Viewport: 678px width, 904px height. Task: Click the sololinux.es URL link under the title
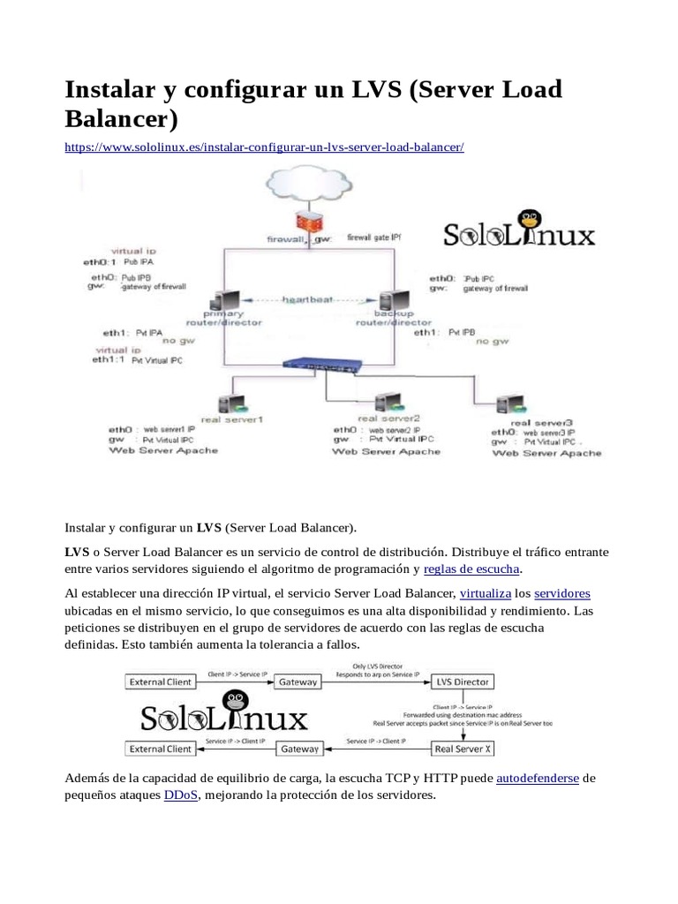[264, 147]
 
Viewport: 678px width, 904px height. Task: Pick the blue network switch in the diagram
[325, 364]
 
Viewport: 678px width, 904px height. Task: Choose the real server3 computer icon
[507, 404]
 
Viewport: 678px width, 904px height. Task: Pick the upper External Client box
[160, 682]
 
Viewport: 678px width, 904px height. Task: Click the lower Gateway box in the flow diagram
[298, 749]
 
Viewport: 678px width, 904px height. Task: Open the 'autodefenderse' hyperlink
[538, 778]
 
